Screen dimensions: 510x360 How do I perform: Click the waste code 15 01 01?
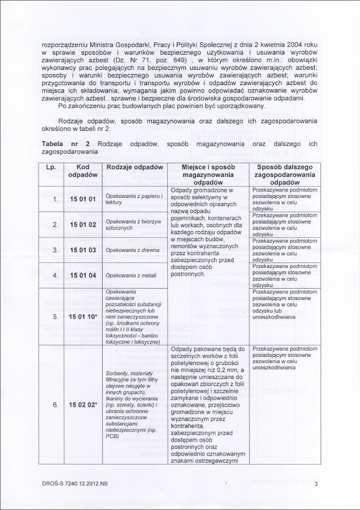[x=83, y=199]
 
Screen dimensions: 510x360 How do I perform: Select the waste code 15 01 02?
[x=83, y=225]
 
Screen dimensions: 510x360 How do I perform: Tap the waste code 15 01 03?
[x=83, y=250]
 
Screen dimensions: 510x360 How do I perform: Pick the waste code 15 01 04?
[x=83, y=275]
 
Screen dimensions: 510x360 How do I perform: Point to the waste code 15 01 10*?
[x=84, y=316]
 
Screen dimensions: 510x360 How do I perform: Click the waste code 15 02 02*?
[x=84, y=405]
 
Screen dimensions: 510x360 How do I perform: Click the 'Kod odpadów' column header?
[x=83, y=171]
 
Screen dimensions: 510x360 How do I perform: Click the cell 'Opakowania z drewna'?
[x=131, y=250]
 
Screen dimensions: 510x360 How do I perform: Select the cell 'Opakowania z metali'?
[x=130, y=275]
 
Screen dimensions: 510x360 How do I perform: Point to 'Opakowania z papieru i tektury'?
[x=134, y=199]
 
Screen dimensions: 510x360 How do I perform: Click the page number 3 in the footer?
[x=316, y=484]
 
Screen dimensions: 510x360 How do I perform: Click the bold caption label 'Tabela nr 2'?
[x=65, y=144]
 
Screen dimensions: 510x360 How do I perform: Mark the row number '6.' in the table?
[x=56, y=405]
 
